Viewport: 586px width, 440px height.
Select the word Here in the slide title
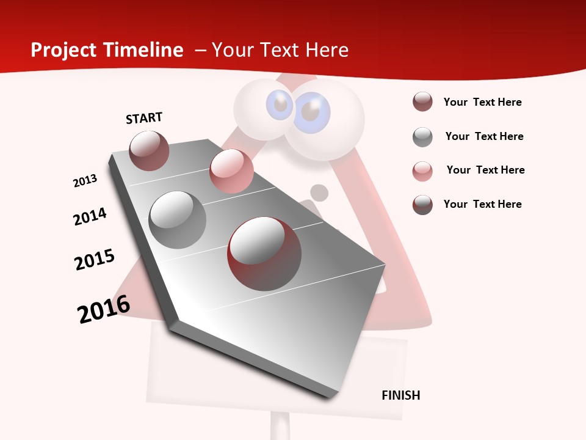coord(327,50)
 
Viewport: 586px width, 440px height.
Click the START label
coord(144,118)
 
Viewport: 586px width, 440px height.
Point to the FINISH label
coord(400,395)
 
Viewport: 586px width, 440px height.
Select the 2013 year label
coord(85,181)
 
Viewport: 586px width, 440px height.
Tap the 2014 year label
coord(90,216)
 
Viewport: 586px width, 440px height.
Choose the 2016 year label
coord(104,309)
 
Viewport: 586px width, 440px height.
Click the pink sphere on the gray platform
coord(231,171)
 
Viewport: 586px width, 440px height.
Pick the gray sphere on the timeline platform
coord(178,220)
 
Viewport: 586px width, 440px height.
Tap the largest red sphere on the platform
coord(264,254)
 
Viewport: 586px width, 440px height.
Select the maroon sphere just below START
coord(149,150)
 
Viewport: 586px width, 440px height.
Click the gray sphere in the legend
coord(422,137)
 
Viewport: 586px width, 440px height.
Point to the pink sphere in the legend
coord(422,171)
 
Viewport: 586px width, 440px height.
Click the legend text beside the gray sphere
coord(484,136)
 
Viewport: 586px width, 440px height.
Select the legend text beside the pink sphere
coord(485,170)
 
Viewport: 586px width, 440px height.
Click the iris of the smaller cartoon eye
coord(280,105)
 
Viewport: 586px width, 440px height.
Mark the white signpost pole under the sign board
coord(280,426)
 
